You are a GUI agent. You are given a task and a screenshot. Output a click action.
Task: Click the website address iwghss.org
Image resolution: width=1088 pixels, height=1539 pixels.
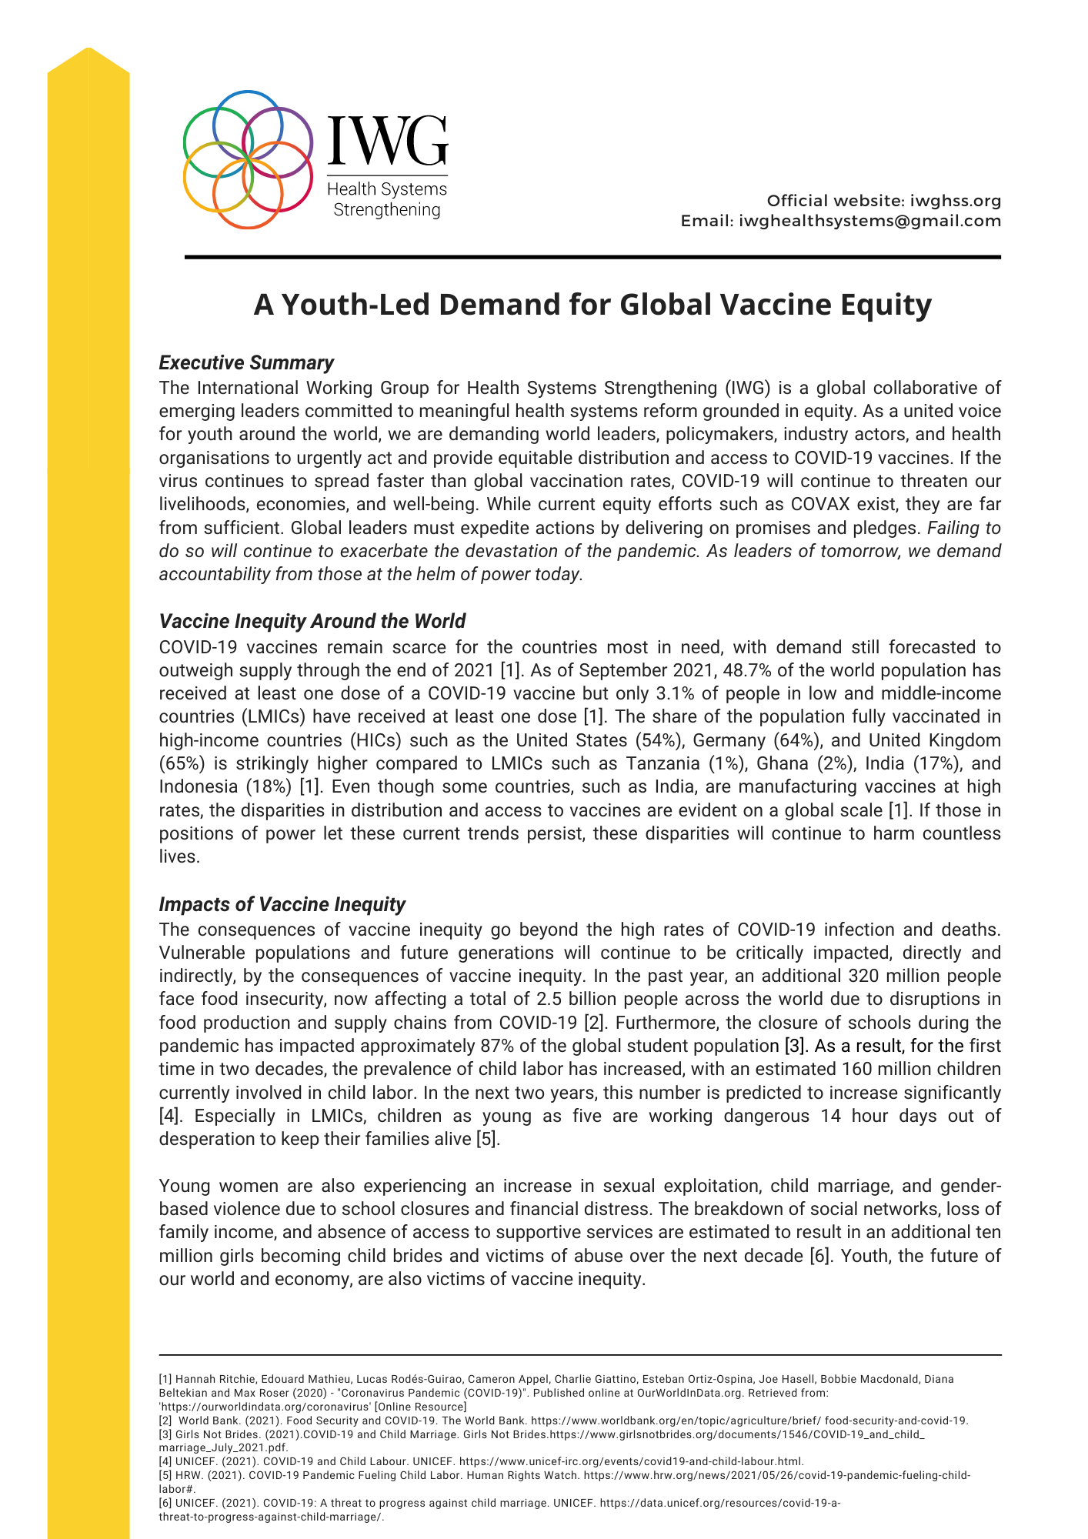click(x=956, y=201)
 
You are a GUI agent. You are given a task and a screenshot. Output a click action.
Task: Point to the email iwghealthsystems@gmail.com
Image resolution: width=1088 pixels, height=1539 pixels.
click(x=870, y=221)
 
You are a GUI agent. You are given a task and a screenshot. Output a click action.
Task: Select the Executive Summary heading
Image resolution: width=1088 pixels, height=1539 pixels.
click(x=246, y=362)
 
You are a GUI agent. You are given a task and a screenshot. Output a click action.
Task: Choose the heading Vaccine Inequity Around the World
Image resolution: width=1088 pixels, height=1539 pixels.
click(x=312, y=621)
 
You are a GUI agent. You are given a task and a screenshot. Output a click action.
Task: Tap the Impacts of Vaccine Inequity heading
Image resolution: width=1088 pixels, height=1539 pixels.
click(x=282, y=904)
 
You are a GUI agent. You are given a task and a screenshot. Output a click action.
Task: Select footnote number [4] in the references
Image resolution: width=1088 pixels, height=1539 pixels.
click(x=165, y=1461)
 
